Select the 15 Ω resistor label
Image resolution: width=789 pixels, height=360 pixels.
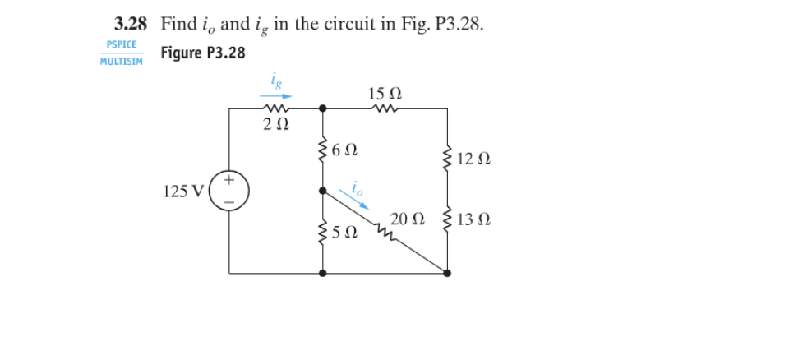click(x=385, y=92)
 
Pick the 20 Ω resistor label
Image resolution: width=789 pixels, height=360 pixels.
click(x=408, y=219)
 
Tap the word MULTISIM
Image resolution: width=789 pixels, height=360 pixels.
click(x=121, y=62)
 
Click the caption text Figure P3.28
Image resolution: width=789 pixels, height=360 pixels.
click(x=202, y=53)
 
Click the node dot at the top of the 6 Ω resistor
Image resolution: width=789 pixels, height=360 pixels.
click(x=322, y=108)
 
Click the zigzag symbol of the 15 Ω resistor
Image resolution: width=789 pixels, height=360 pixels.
click(x=385, y=107)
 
